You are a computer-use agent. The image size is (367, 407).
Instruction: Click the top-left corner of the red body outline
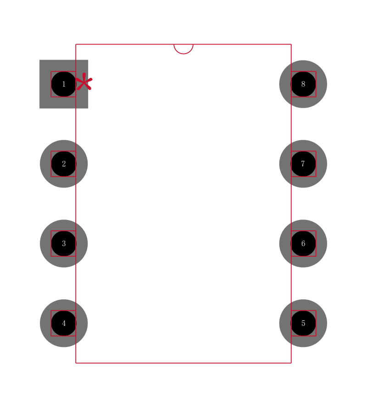click(x=76, y=44)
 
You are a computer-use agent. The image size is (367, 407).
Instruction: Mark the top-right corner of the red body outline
click(x=291, y=44)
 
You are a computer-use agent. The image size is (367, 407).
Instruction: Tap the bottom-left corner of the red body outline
click(x=76, y=363)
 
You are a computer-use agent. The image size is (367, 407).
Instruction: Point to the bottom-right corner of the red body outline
click(x=291, y=363)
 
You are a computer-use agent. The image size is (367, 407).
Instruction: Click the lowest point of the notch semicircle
click(x=183, y=54)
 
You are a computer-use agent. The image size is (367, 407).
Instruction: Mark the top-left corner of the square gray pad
click(x=39, y=60)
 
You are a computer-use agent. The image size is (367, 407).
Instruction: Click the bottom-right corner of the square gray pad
click(x=88, y=108)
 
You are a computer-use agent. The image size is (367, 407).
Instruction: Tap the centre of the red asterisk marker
click(x=84, y=82)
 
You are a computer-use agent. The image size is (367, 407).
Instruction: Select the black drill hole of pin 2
click(x=64, y=164)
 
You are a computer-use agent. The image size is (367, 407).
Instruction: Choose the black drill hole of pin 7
click(x=303, y=164)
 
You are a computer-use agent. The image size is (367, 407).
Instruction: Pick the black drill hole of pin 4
click(x=64, y=323)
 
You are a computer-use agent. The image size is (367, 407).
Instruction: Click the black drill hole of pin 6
click(x=303, y=243)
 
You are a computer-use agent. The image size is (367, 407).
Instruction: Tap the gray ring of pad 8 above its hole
click(x=303, y=66)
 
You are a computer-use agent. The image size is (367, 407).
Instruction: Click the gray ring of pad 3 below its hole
click(x=64, y=262)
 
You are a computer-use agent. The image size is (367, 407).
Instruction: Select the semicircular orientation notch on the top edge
click(x=183, y=49)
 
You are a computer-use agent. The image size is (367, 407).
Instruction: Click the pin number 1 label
click(x=64, y=84)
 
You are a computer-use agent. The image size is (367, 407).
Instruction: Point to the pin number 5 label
click(x=303, y=323)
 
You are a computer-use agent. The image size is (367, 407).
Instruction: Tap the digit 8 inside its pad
click(x=303, y=84)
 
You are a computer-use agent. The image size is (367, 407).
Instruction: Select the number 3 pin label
click(x=64, y=243)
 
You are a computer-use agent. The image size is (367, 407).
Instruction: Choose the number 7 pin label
click(x=303, y=164)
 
